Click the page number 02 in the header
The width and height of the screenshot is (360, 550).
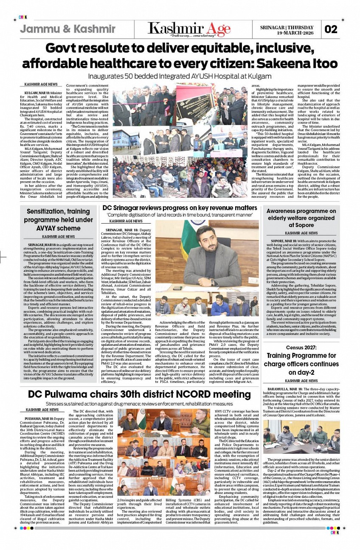[x=331, y=30]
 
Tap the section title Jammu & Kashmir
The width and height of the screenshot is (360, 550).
[x=67, y=29]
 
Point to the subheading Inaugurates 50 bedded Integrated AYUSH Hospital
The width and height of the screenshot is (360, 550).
[x=180, y=76]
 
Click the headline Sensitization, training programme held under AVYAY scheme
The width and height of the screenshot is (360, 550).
[x=58, y=220]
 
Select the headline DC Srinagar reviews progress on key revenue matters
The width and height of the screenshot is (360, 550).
[x=180, y=208]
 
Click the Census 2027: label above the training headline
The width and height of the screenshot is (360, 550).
[x=301, y=348]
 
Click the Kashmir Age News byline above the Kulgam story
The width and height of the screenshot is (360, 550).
[x=41, y=85]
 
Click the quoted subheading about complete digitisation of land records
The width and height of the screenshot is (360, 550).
[x=180, y=215]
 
